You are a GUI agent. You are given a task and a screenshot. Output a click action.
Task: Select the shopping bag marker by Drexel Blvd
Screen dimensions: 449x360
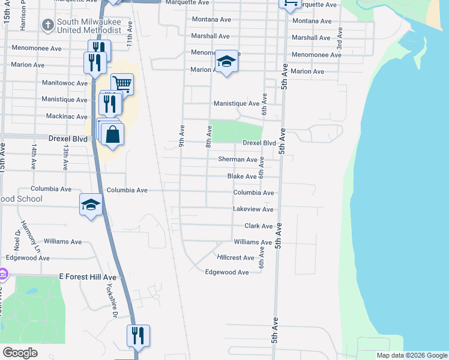pos(112,135)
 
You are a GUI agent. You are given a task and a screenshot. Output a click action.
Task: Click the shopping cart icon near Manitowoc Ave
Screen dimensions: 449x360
pos(122,84)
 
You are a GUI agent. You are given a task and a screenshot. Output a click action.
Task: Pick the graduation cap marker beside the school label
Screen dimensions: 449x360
pos(91,205)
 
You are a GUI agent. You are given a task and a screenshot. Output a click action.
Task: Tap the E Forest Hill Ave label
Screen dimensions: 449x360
pos(88,277)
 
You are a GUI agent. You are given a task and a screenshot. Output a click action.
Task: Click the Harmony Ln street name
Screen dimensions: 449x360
pos(30,236)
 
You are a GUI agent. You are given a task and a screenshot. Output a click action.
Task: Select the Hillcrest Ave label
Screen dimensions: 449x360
pos(236,257)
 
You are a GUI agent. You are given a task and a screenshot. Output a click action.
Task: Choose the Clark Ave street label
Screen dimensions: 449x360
pos(259,226)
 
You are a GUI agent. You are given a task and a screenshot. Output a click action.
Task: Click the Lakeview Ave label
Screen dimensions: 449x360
pos(253,209)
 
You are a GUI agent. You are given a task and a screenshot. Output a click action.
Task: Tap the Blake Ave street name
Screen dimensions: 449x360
pos(242,176)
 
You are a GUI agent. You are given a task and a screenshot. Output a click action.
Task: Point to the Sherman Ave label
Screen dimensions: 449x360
pos(238,160)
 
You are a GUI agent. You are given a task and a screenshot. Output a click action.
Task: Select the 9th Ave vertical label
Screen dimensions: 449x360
pos(181,137)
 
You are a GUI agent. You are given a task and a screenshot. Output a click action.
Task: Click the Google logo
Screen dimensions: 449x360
pos(20,353)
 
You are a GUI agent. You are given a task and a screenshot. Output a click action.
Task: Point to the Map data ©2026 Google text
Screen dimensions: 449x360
pos(412,355)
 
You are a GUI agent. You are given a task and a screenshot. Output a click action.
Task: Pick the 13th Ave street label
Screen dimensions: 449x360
pos(65,155)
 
